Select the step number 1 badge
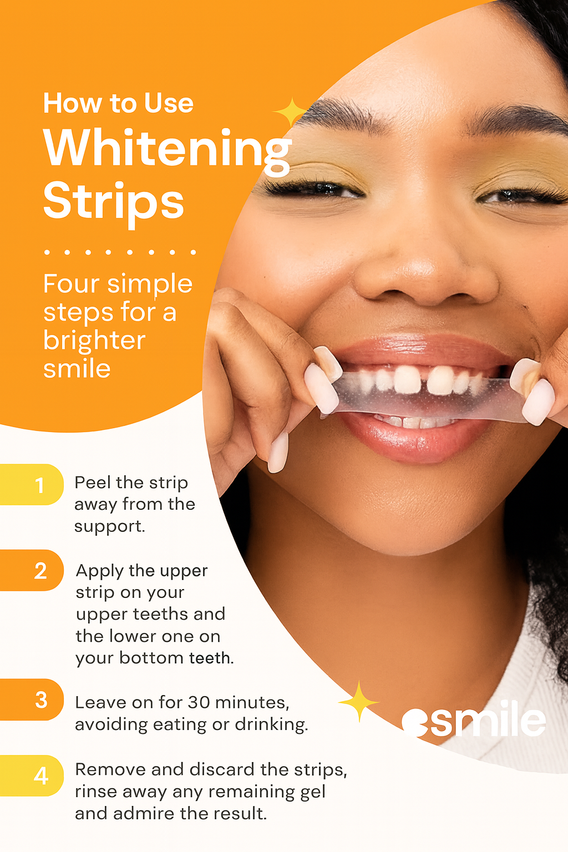[39, 485]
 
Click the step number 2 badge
[40, 571]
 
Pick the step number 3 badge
[40, 700]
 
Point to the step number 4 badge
[40, 775]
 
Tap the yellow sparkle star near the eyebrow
[290, 113]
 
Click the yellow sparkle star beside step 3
[358, 702]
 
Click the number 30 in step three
[199, 702]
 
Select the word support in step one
[109, 526]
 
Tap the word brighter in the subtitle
[94, 340]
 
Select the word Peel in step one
[92, 483]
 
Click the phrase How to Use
[118, 104]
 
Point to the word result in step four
[244, 814]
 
